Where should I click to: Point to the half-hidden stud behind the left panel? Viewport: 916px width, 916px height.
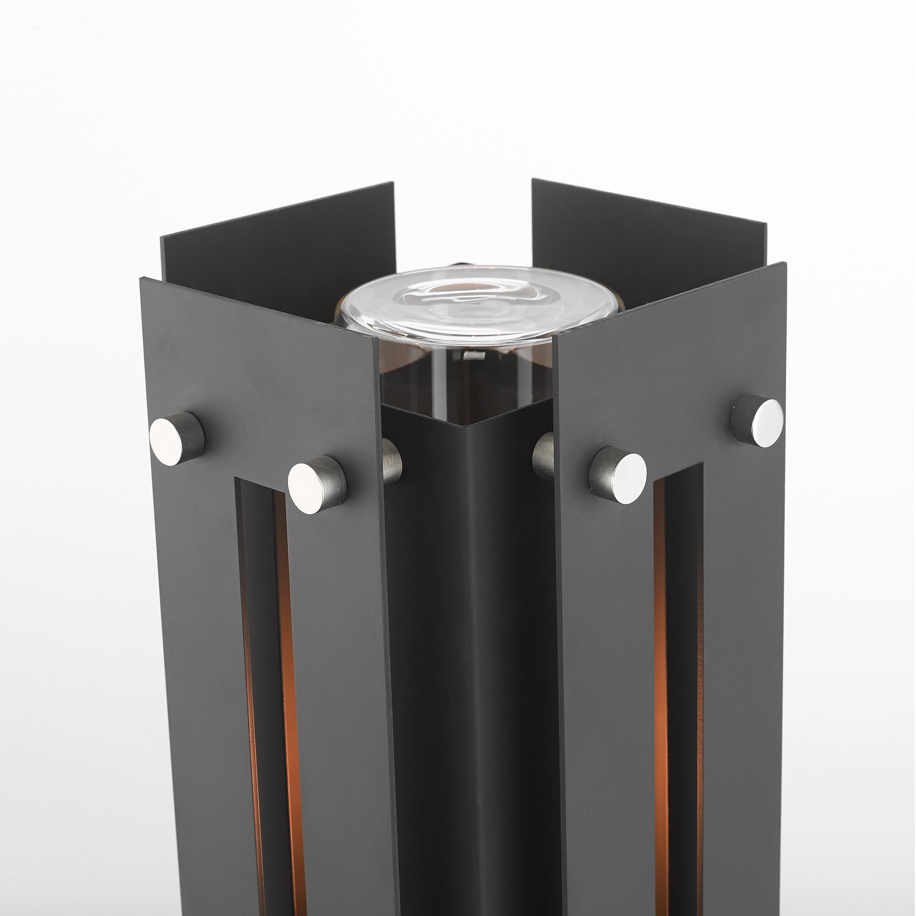click(392, 461)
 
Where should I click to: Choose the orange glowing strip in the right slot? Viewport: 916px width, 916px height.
click(660, 664)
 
